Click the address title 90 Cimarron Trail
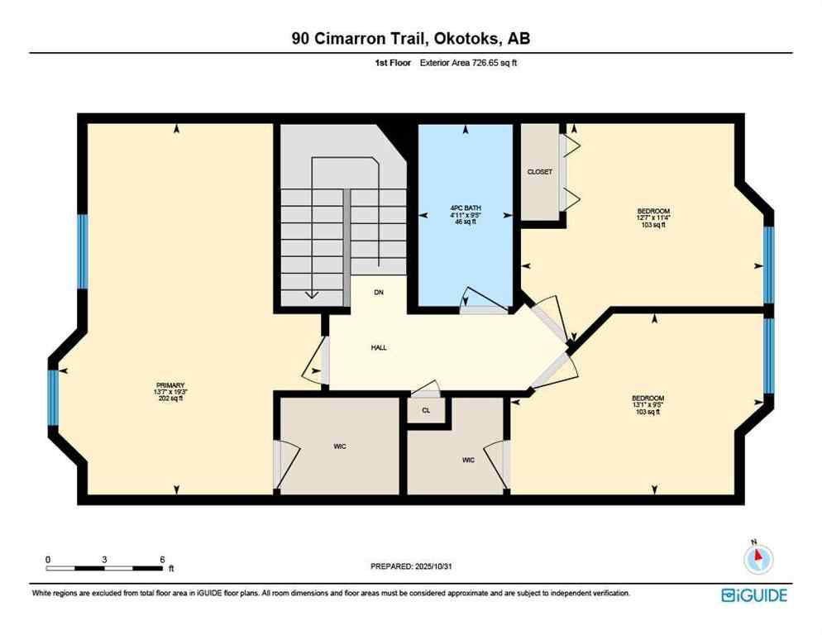410,39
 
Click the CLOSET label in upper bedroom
539,172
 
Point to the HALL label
379,347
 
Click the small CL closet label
426,410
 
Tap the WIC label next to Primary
340,446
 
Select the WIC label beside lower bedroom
468,460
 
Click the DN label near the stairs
379,293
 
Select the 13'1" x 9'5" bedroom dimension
648,405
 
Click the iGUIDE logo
753,595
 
